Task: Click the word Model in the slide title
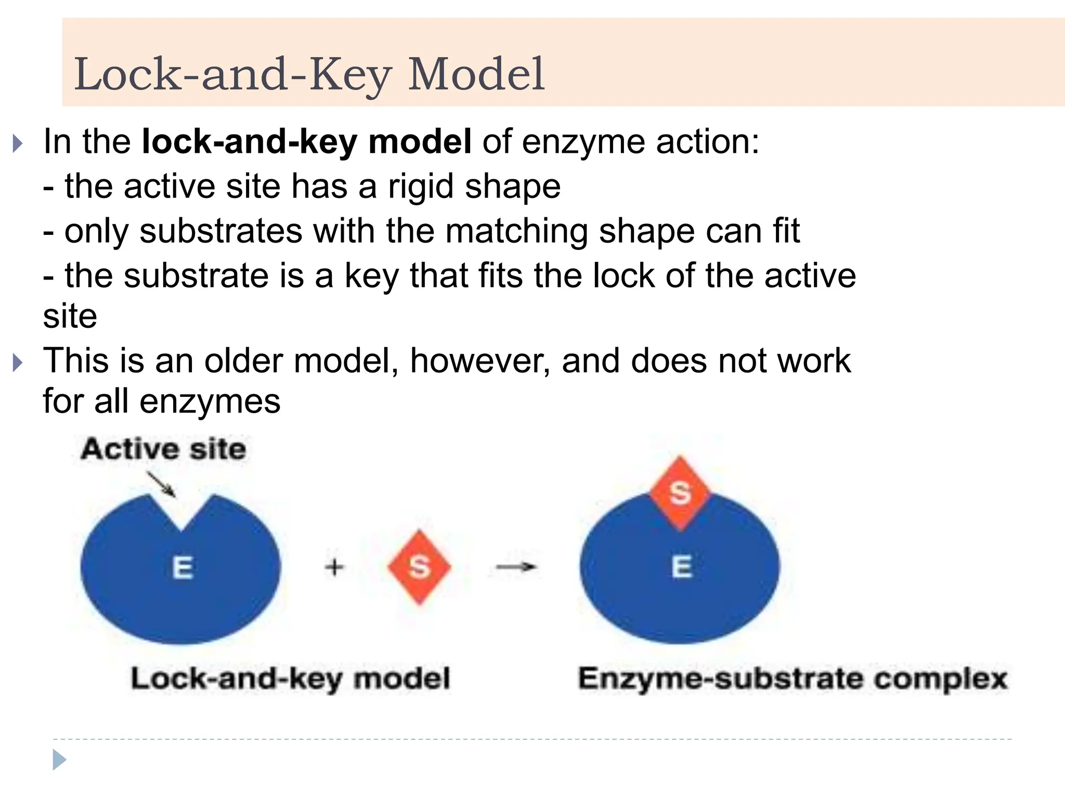click(476, 74)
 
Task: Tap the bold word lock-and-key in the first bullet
click(250, 141)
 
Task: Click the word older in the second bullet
click(243, 361)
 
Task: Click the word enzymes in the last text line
click(210, 401)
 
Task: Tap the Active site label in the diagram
click(163, 449)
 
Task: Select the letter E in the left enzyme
click(183, 567)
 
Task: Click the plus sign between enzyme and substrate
click(334, 566)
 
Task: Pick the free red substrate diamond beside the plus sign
click(419, 567)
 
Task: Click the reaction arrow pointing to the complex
click(516, 566)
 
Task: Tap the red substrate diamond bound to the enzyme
click(680, 493)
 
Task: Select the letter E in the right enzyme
click(682, 566)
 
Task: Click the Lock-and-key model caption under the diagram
click(290, 679)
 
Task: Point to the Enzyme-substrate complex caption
click(793, 679)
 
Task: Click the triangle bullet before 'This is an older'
click(18, 363)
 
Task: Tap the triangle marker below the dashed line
click(59, 760)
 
